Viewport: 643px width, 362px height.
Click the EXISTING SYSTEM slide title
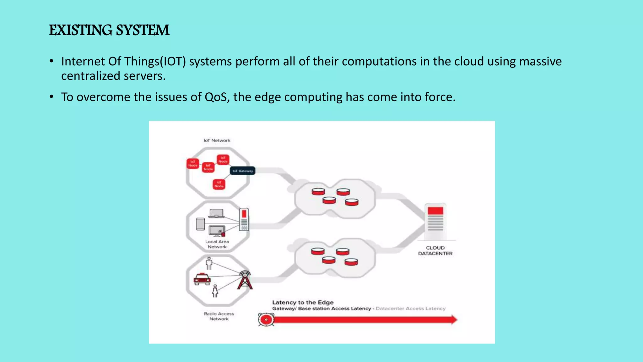pos(109,30)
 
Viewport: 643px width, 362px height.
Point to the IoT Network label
pos(217,140)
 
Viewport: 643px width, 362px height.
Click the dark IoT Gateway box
pos(243,171)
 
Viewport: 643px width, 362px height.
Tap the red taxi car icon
pos(202,279)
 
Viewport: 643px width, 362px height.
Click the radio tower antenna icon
pos(245,280)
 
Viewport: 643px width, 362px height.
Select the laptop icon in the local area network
pos(216,213)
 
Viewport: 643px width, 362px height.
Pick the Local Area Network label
pos(217,244)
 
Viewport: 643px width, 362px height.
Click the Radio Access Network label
pos(219,316)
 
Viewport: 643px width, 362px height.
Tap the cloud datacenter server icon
pos(435,221)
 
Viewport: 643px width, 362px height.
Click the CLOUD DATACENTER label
pos(435,251)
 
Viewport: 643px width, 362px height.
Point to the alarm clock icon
pos(266,320)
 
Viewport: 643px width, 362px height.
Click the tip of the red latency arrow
pos(456,320)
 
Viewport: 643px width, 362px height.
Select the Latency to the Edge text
pos(303,302)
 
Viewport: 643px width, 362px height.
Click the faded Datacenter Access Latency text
pos(410,309)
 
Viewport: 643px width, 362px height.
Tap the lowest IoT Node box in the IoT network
pos(219,184)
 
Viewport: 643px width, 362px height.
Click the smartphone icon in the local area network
pos(200,224)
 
